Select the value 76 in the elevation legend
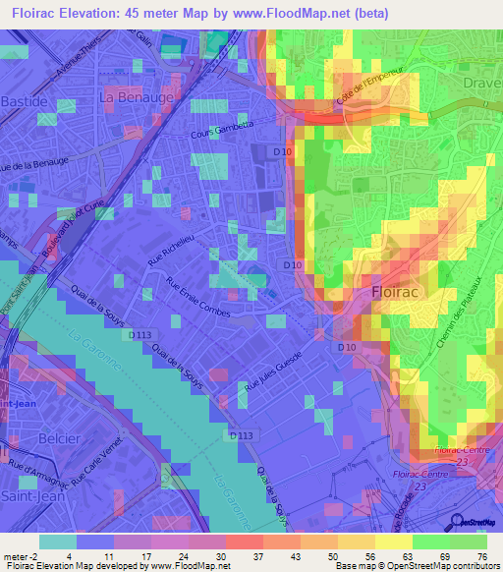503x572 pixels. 480,556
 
